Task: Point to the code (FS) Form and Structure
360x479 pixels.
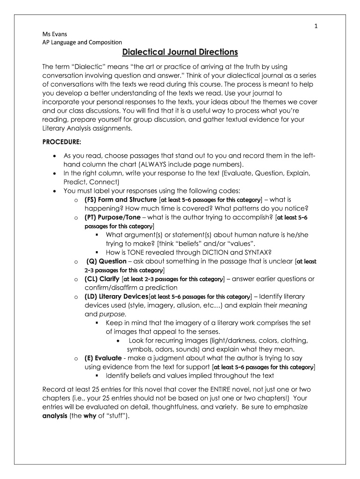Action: pos(121,200)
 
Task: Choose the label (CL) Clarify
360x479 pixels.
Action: pos(102,279)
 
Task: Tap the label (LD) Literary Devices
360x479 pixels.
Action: pos(116,297)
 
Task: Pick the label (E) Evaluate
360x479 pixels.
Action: pos(103,358)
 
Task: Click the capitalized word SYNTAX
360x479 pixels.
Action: pos(256,252)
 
